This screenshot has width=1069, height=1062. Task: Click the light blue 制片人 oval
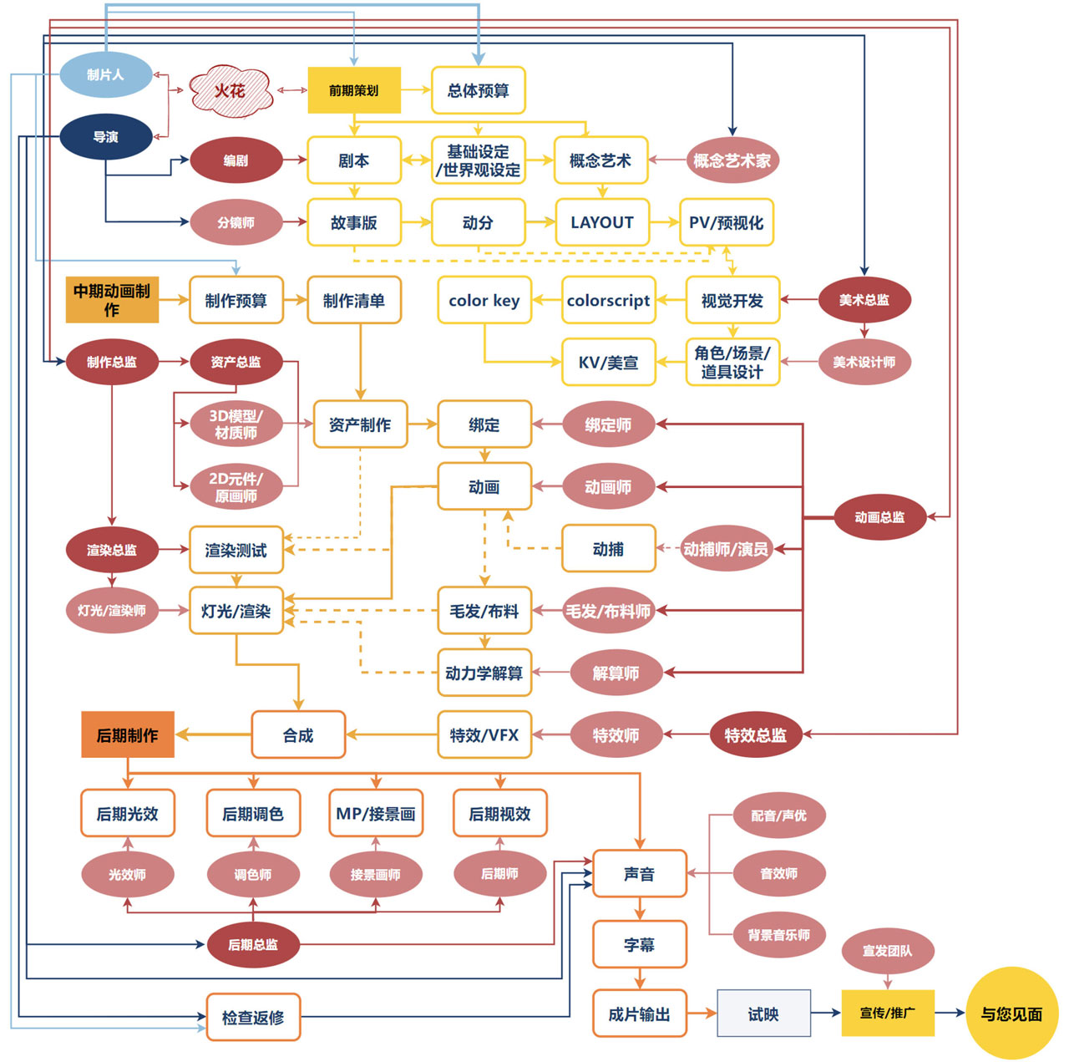pyautogui.click(x=105, y=74)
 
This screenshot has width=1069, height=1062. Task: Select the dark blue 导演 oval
pyautogui.click(x=105, y=136)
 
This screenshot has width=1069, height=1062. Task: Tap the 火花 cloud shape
pyautogui.click(x=231, y=90)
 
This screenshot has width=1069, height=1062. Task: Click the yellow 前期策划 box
pyautogui.click(x=354, y=90)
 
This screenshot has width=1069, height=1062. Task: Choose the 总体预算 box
pyautogui.click(x=478, y=90)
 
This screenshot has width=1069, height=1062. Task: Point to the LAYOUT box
pyautogui.click(x=602, y=222)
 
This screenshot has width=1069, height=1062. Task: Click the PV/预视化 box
pyautogui.click(x=726, y=222)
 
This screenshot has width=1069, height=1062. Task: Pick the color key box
pyautogui.click(x=484, y=300)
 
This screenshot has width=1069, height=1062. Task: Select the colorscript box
pyautogui.click(x=608, y=300)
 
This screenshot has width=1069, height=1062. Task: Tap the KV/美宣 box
pyautogui.click(x=608, y=362)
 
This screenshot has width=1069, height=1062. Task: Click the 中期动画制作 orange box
pyautogui.click(x=112, y=300)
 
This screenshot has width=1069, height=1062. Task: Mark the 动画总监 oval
pyautogui.click(x=879, y=517)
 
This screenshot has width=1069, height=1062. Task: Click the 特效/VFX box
pyautogui.click(x=484, y=735)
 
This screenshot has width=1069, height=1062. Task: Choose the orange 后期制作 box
pyautogui.click(x=127, y=735)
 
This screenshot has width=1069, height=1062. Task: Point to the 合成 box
pyautogui.click(x=298, y=735)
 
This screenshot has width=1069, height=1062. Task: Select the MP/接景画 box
pyautogui.click(x=376, y=813)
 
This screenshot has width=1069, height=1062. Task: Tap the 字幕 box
pyautogui.click(x=640, y=944)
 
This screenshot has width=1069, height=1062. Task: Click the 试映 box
pyautogui.click(x=763, y=1014)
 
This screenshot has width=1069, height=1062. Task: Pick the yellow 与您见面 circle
pyautogui.click(x=1011, y=1014)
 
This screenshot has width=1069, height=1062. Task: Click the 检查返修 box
pyautogui.click(x=253, y=1017)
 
